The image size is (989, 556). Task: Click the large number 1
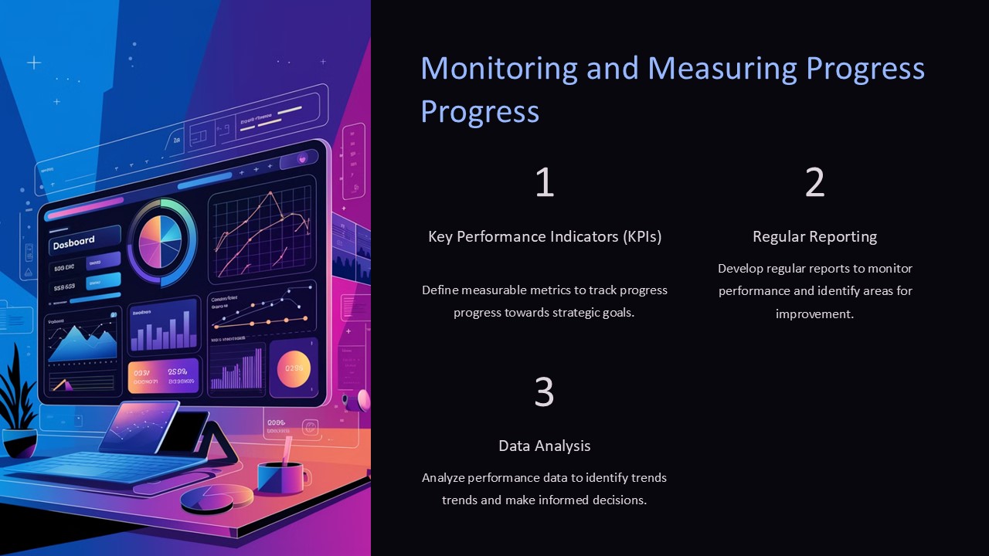click(x=545, y=183)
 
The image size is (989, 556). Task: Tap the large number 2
click(x=814, y=183)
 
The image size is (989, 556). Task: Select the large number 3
click(x=545, y=392)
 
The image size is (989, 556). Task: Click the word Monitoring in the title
click(x=498, y=69)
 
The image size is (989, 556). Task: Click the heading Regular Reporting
click(x=814, y=236)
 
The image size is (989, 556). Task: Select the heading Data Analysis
click(x=545, y=446)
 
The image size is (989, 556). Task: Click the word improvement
click(x=814, y=314)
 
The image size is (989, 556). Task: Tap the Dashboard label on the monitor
click(x=73, y=242)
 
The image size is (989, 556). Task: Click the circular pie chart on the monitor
click(x=161, y=242)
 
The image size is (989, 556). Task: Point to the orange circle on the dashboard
click(x=294, y=368)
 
